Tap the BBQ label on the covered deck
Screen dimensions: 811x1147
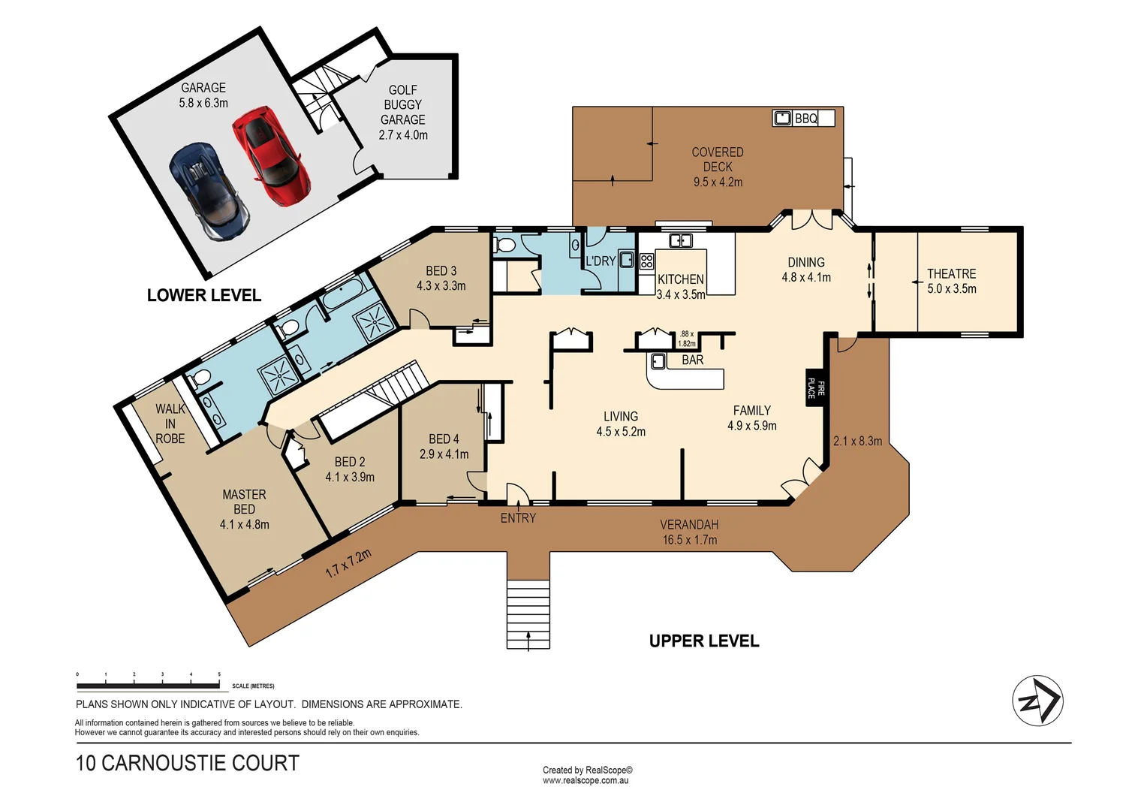pos(805,119)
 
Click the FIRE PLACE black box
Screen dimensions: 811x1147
pos(815,387)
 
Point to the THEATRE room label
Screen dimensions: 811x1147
pos(951,274)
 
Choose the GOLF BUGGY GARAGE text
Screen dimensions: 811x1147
pos(403,105)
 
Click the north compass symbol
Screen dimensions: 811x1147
pos(1037,701)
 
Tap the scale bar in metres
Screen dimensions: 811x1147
pos(149,686)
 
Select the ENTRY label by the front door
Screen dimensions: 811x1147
pos(518,518)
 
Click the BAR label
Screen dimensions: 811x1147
pos(692,360)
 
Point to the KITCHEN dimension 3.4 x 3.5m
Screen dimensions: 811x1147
pos(680,295)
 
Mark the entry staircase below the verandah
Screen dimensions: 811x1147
pos(528,614)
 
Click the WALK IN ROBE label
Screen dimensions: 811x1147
pos(170,424)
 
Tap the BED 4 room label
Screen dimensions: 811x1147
pos(444,439)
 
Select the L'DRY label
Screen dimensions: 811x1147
pos(601,261)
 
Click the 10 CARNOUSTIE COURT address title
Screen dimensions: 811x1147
pos(188,764)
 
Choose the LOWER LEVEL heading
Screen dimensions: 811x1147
pos(204,296)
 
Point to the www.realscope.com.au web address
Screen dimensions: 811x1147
pos(586,781)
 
